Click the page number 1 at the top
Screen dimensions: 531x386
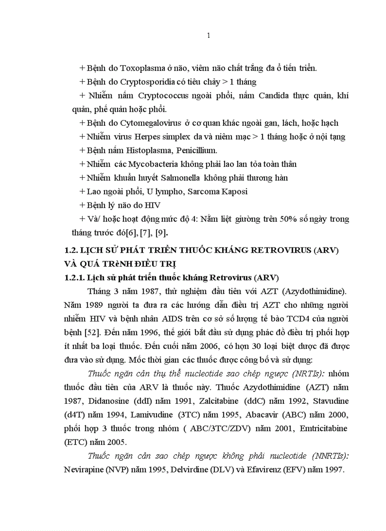[209, 36]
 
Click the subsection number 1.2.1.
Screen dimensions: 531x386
[75, 277]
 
